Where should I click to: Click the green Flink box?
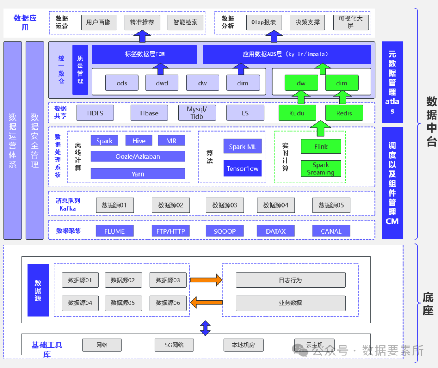[321, 147]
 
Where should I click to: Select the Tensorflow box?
[243, 168]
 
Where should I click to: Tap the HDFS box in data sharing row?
[95, 113]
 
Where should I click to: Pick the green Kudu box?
[297, 113]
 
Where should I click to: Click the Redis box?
[344, 113]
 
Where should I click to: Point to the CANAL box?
[331, 231]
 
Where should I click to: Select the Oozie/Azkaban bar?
[137, 156]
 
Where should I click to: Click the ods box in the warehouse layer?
[122, 83]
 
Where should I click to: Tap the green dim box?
[341, 83]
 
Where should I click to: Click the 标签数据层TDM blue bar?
[144, 54]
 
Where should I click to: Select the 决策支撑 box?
[308, 23]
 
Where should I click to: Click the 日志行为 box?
[290, 280]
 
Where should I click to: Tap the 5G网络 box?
[174, 345]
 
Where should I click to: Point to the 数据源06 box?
[167, 303]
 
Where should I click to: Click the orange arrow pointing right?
[206, 280]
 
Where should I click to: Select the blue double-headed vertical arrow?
[205, 328]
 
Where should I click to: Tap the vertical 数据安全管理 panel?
[34, 140]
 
